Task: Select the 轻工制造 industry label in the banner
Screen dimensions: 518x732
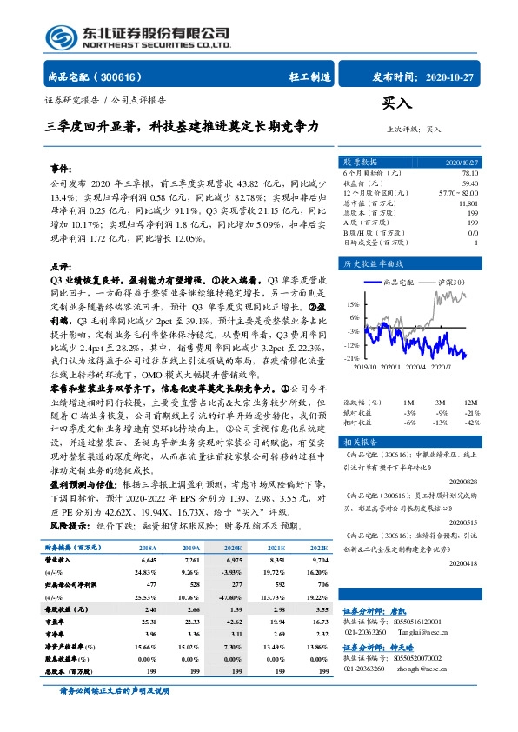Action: pos(309,76)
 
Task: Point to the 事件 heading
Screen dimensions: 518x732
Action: pos(61,166)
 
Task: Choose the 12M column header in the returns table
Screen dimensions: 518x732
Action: pos(469,403)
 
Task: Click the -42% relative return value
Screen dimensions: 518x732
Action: pos(469,422)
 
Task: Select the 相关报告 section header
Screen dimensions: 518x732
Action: pos(362,442)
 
